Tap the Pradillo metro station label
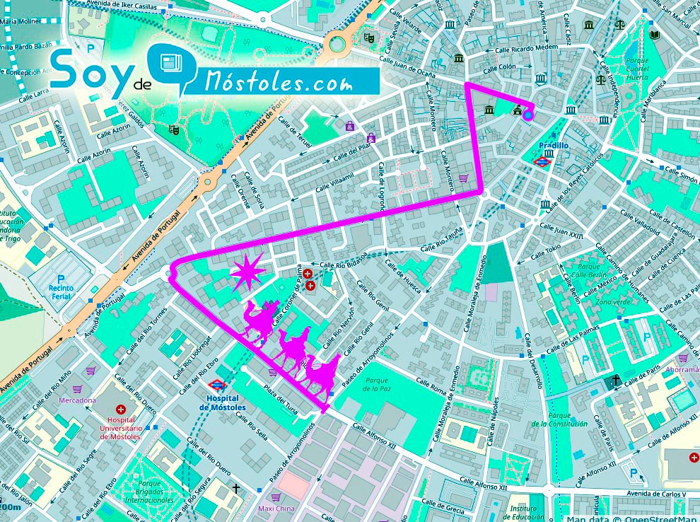coord(553,146)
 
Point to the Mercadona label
coord(78,400)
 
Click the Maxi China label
coord(276,508)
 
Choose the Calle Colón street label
coord(500,68)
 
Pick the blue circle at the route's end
coord(527,116)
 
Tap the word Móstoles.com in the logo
coord(279,83)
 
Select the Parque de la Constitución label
coord(559,419)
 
